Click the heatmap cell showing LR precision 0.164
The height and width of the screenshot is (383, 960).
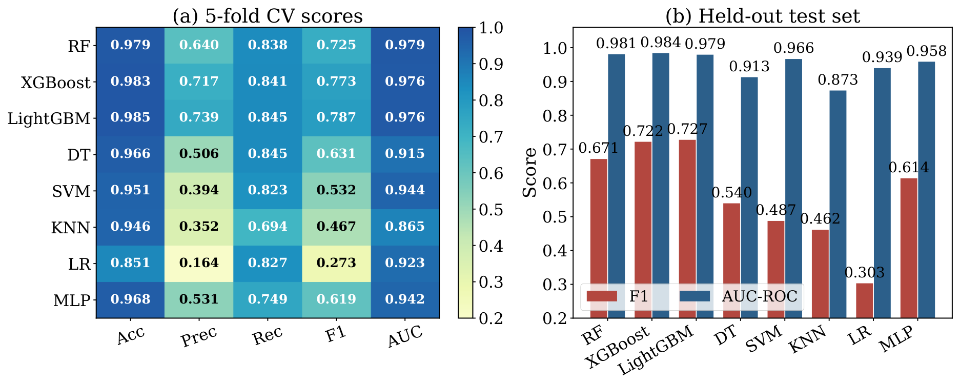tap(199, 263)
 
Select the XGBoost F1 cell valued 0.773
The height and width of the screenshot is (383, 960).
tap(336, 82)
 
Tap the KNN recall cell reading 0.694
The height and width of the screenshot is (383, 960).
tap(268, 227)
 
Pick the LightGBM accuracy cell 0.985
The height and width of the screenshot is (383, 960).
tap(130, 118)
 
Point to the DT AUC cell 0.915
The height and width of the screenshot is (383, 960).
tap(405, 154)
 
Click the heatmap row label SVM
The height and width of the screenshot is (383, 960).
tap(71, 191)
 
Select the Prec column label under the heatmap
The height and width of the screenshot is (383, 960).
tap(199, 337)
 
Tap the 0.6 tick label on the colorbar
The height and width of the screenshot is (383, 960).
tap(491, 173)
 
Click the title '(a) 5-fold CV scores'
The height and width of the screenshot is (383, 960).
tap(268, 16)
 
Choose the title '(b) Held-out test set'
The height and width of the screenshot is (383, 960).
tap(763, 16)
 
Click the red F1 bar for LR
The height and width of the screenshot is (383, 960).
tap(864, 300)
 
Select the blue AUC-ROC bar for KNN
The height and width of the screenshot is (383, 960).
tap(838, 204)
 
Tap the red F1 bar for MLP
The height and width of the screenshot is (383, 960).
tap(909, 248)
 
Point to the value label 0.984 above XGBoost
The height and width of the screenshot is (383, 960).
tap(661, 43)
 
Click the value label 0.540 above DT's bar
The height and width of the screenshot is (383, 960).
tap(731, 193)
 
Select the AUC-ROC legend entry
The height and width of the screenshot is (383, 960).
tap(738, 296)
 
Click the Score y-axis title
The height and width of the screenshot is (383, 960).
tap(530, 172)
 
